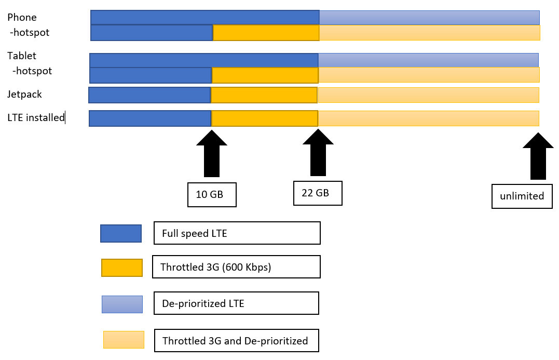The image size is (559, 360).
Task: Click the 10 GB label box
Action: [x=212, y=194]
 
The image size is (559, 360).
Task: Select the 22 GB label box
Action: [x=318, y=193]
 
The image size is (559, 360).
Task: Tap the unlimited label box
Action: [x=522, y=196]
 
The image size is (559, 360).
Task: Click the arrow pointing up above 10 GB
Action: [x=212, y=153]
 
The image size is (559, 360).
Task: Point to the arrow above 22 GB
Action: [x=318, y=152]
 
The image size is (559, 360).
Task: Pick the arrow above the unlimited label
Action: [x=538, y=156]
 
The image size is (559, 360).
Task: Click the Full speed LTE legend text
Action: [x=195, y=233]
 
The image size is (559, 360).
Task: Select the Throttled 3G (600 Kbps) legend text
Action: [x=216, y=267]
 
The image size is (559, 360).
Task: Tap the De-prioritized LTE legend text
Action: [x=203, y=303]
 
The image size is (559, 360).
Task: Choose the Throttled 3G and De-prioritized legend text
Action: [x=235, y=341]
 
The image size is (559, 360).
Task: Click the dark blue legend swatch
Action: [x=121, y=233]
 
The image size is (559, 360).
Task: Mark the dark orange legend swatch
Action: [x=122, y=268]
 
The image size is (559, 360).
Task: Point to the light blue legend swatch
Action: [x=122, y=304]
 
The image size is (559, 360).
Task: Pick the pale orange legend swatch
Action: [x=124, y=340]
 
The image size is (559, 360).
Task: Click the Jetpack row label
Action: [x=24, y=95]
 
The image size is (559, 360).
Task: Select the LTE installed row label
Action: [x=36, y=117]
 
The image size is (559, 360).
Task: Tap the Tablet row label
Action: [x=22, y=56]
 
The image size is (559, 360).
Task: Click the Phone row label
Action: [x=22, y=17]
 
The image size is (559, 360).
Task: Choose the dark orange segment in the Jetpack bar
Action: [x=264, y=95]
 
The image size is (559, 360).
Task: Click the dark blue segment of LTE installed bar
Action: [x=150, y=118]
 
